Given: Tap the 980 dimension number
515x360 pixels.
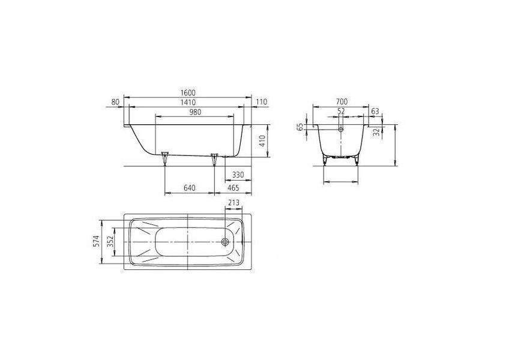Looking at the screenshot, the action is [x=194, y=112].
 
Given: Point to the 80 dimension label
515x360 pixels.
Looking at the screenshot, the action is [x=115, y=102].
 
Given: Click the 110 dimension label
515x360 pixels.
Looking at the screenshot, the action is [x=262, y=102].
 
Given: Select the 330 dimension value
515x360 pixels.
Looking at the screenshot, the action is [x=238, y=175].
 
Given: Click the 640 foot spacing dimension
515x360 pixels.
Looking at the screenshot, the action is [x=189, y=188].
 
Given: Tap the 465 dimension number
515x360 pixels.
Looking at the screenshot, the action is [x=233, y=188].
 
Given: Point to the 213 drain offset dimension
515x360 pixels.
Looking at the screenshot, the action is [x=233, y=202].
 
